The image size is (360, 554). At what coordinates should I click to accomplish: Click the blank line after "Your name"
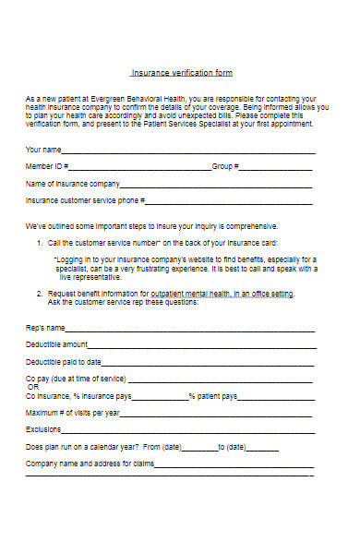[x=189, y=151]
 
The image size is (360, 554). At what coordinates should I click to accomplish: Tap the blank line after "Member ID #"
[x=142, y=168]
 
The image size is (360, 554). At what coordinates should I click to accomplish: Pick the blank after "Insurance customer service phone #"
[x=230, y=200]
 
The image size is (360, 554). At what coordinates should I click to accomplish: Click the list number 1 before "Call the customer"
[x=39, y=242]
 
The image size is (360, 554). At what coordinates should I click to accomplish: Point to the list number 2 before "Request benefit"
[x=39, y=294]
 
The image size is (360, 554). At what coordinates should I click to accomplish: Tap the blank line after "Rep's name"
[x=190, y=329]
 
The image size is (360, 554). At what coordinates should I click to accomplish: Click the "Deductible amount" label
[x=57, y=344]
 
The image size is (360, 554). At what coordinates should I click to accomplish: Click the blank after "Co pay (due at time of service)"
[x=222, y=379]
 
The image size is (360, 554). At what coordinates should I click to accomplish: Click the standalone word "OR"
[x=33, y=387]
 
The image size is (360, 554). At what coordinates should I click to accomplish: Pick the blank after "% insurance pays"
[x=162, y=397]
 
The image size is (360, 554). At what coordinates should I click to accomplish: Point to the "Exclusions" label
[x=43, y=430]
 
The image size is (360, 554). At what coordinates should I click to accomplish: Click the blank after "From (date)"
[x=200, y=448]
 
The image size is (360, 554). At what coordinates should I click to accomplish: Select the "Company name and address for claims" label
[x=90, y=464]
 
